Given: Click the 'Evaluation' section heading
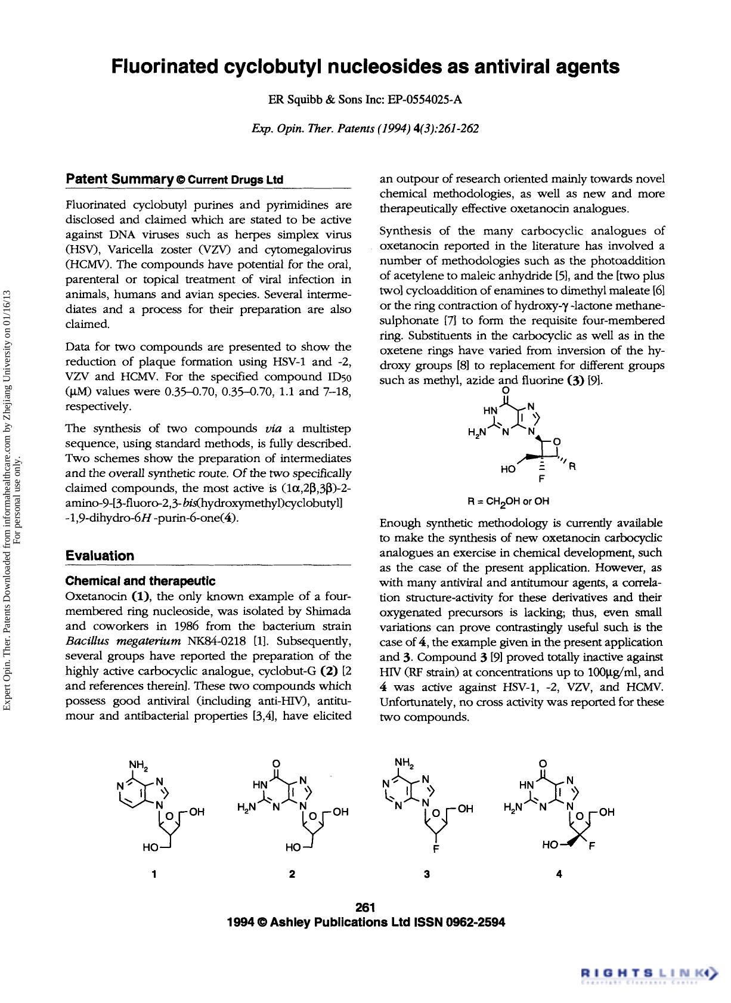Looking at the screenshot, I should (x=100, y=556).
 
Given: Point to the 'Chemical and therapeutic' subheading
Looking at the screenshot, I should (x=140, y=581).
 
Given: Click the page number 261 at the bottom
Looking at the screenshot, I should (x=365, y=908).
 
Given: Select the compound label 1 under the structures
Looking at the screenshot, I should (x=154, y=874).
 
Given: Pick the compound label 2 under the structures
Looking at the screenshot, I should (x=292, y=874).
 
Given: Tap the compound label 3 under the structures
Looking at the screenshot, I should (x=426, y=874).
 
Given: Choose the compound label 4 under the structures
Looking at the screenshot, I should (x=559, y=874).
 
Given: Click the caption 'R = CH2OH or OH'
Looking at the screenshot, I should (x=509, y=501).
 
